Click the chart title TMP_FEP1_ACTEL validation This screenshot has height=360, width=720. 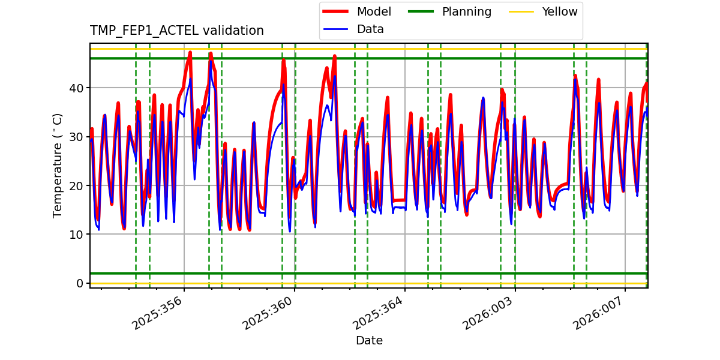176,31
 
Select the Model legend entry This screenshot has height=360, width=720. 374,12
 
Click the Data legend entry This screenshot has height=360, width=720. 370,29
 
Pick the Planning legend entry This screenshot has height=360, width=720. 466,12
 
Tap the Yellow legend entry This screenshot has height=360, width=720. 559,12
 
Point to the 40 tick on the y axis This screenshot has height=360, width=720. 77,88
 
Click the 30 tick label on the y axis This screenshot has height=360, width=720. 77,137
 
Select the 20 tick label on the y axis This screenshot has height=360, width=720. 77,185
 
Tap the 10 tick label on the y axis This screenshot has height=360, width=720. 77,235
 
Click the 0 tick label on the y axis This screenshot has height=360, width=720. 80,283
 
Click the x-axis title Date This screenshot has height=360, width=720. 369,341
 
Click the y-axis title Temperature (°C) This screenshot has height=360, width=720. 58,165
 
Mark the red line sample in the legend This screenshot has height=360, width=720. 338,12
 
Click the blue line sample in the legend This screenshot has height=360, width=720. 338,29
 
